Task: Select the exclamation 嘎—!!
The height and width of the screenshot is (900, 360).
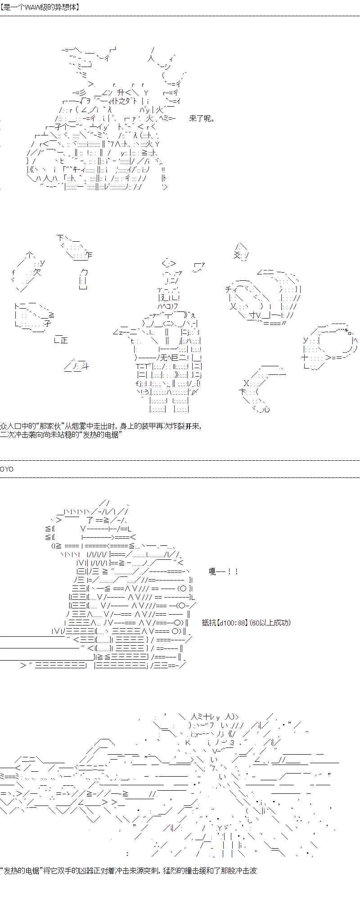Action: pos(223,571)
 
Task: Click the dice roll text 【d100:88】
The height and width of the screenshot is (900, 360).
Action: pos(232,623)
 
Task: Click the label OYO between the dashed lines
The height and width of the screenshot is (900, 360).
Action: pos(7,469)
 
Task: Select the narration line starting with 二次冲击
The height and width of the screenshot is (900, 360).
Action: pos(60,435)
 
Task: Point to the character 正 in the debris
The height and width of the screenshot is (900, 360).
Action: pos(63,340)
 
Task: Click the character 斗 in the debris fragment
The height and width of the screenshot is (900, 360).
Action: pos(84,367)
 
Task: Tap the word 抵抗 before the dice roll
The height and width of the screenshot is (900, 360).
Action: pos(209,623)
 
